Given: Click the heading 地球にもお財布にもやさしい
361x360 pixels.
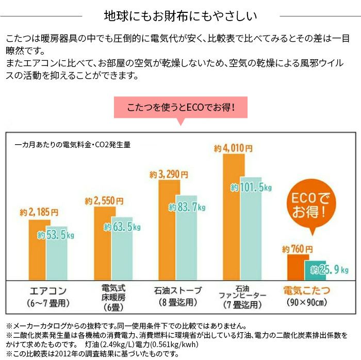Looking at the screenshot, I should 180,15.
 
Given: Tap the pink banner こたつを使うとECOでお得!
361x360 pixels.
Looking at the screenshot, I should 180,108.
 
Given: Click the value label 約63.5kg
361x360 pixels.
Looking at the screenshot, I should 122,226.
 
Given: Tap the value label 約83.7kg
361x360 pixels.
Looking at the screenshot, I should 187,208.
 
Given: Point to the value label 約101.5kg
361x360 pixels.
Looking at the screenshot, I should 251,187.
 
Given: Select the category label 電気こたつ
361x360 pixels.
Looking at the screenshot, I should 307,290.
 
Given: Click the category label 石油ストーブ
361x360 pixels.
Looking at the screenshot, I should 177,290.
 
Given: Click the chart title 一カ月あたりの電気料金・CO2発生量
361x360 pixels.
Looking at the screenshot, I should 72,145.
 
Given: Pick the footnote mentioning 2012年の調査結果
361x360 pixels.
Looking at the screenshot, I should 93,354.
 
